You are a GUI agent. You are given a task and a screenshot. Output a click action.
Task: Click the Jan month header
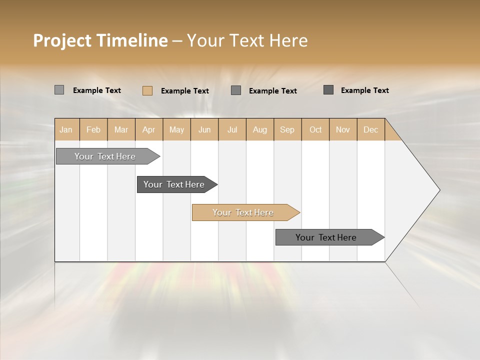tap(66, 129)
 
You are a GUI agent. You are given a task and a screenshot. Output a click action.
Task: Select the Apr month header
tap(148, 129)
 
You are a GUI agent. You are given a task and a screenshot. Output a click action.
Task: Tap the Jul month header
tap(232, 129)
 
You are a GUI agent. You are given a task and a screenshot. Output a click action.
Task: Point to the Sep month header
tap(287, 129)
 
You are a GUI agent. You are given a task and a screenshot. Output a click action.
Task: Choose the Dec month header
tap(370, 129)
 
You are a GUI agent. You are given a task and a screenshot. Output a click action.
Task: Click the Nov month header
tap(342, 129)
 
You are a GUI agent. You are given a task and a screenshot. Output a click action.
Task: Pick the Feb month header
tap(93, 129)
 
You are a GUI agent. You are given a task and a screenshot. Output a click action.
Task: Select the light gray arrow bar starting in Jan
tap(105, 156)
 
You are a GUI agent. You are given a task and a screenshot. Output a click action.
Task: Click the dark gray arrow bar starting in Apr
tap(174, 184)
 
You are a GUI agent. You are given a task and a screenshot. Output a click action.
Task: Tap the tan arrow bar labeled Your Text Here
tap(243, 212)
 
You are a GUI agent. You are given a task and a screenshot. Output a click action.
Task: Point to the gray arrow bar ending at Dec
tap(326, 237)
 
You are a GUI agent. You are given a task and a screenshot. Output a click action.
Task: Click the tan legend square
tap(147, 90)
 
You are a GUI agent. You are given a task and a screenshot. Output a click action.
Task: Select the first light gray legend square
tap(59, 90)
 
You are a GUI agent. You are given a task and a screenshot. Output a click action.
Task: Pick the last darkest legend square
tap(328, 90)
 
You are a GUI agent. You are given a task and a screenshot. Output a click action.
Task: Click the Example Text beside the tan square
tap(185, 91)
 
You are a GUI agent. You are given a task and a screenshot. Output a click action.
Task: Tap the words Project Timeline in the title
tap(100, 40)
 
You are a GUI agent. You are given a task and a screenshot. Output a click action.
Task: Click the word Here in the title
tap(288, 40)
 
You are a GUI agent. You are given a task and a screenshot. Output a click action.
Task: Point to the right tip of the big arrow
tap(439, 190)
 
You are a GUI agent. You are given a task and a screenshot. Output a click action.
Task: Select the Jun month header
tap(204, 129)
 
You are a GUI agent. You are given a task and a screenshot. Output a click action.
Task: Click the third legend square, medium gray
tap(236, 90)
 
